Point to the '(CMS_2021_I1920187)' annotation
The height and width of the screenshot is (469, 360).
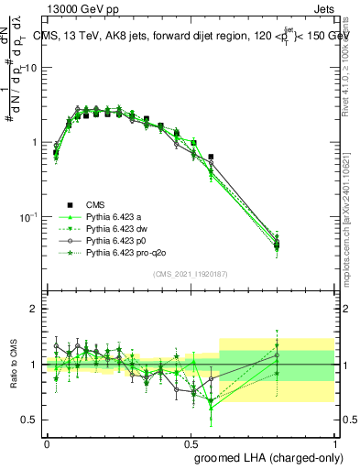point(191,274)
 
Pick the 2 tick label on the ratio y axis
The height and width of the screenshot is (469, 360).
point(34,309)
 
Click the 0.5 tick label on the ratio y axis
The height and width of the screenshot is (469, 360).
point(30,420)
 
